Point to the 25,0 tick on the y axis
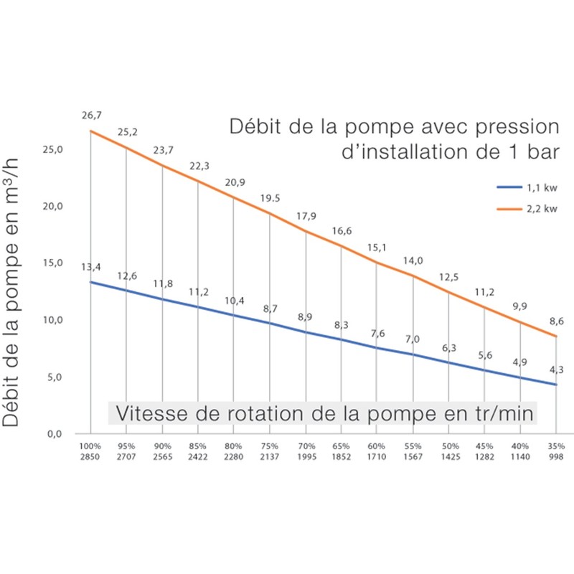pyautogui.click(x=55, y=149)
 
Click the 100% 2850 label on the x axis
pyautogui.click(x=90, y=451)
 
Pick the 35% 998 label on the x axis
pyautogui.click(x=556, y=451)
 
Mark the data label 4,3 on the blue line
pyautogui.click(x=555, y=370)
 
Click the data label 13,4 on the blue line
pyautogui.click(x=90, y=267)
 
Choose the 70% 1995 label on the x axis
pyautogui.click(x=306, y=451)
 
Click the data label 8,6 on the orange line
pyautogui.click(x=555, y=321)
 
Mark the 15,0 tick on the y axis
pyautogui.click(x=55, y=263)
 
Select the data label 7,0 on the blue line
pyautogui.click(x=413, y=339)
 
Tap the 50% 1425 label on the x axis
pyautogui.click(x=448, y=451)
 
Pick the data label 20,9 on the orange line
pyautogui.click(x=235, y=182)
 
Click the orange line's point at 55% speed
pyautogui.click(x=413, y=276)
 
